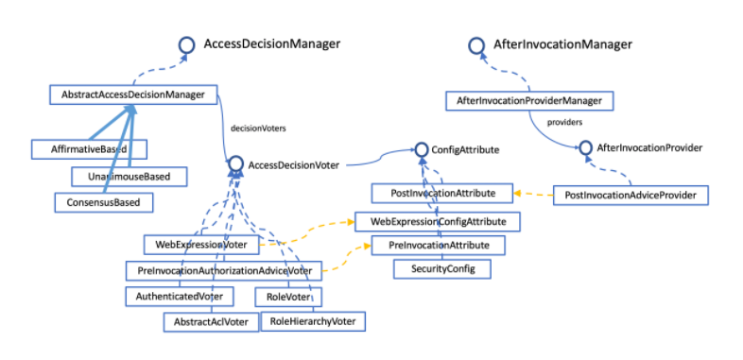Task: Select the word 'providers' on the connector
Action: click(x=564, y=122)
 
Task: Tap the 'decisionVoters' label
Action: click(x=258, y=128)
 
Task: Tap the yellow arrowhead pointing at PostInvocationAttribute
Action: click(x=518, y=194)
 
